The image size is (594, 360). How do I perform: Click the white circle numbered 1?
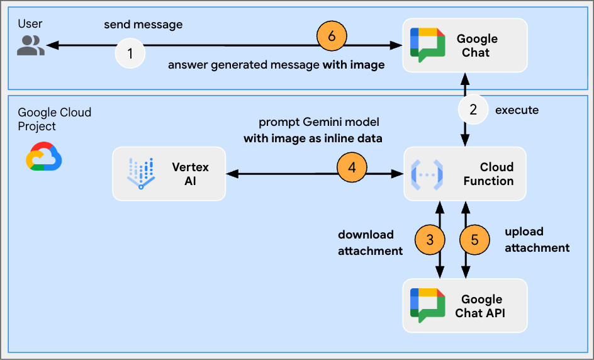click(x=130, y=54)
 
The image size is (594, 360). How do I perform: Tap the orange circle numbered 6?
click(x=332, y=36)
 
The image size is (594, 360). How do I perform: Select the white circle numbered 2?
click(x=473, y=110)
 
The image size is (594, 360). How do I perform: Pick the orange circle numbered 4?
click(x=352, y=168)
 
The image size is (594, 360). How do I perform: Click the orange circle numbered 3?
click(x=430, y=240)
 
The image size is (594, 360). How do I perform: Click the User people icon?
click(x=30, y=45)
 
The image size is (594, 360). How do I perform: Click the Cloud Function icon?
click(x=427, y=174)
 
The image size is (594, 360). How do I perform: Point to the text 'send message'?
click(x=143, y=25)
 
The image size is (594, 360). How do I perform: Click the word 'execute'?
click(x=517, y=110)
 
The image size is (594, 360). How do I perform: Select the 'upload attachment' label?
click(x=537, y=240)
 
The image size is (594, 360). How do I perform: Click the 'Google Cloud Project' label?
click(x=54, y=119)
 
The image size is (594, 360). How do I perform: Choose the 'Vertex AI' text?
click(x=190, y=174)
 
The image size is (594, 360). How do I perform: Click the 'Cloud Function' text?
click(x=488, y=174)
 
